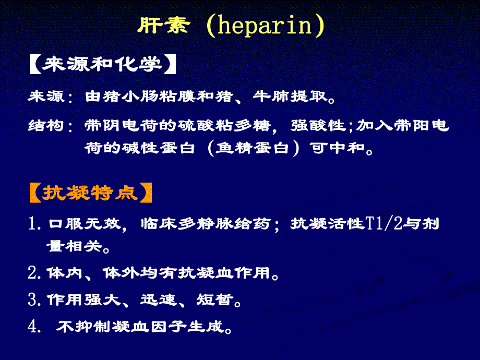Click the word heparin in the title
[x=265, y=26]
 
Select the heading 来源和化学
[x=102, y=65]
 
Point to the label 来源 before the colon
[x=45, y=97]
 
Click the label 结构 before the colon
[x=45, y=126]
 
